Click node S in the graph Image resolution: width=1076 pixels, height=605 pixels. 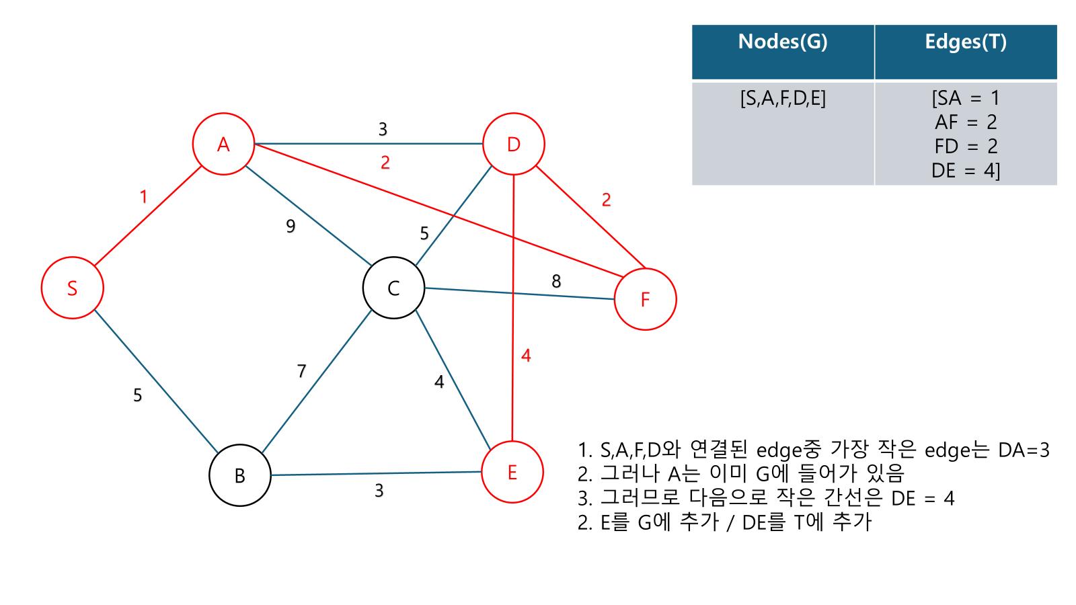click(72, 288)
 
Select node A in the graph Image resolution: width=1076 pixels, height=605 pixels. click(223, 144)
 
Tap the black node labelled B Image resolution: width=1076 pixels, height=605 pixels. click(239, 475)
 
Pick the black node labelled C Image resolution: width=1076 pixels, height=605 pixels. click(393, 288)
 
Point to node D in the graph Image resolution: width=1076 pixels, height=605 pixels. click(514, 144)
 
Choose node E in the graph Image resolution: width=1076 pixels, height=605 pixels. click(512, 472)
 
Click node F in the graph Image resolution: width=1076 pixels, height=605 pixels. click(645, 299)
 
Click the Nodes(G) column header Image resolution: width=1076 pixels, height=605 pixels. click(783, 42)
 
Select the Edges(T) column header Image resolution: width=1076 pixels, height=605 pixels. click(966, 42)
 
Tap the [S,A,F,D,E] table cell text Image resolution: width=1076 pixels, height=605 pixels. click(783, 99)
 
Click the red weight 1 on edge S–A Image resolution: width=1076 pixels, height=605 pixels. click(143, 197)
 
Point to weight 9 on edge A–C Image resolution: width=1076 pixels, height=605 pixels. click(291, 226)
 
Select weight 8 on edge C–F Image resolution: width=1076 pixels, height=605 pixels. click(556, 281)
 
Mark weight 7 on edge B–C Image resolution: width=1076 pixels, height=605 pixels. click(301, 371)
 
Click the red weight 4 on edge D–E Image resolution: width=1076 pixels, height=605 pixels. click(526, 356)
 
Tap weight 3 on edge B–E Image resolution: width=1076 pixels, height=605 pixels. click(379, 491)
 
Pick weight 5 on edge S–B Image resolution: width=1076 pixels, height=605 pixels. click(137, 395)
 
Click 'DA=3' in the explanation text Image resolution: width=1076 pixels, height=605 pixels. click(1024, 450)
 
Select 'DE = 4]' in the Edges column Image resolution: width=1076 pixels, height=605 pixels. click(966, 171)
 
